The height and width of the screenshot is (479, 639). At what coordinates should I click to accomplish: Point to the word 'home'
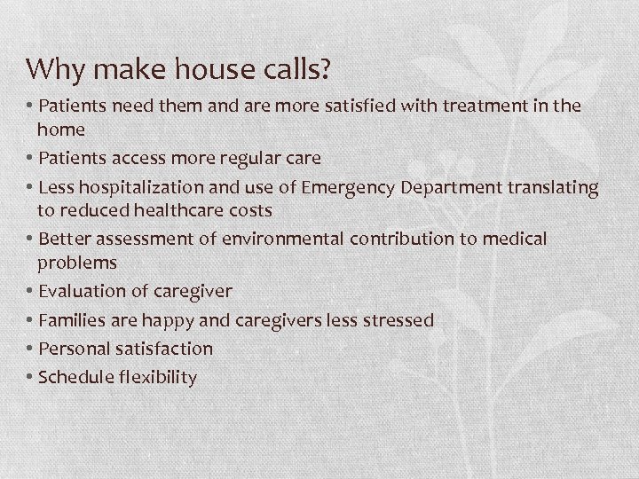click(x=61, y=129)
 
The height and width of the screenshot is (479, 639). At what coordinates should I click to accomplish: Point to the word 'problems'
click(x=76, y=263)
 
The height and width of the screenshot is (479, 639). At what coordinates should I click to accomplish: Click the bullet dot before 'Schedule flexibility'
click(x=31, y=377)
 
